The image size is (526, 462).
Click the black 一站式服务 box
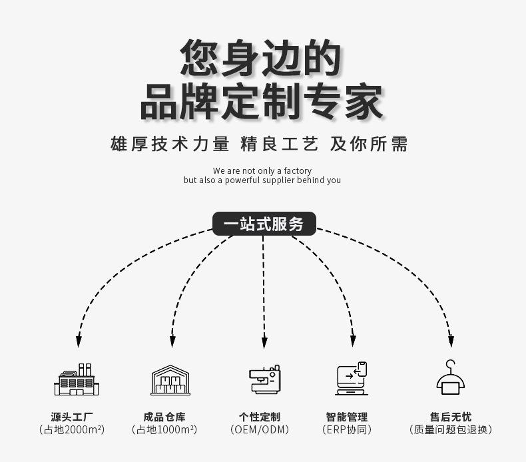point(264,224)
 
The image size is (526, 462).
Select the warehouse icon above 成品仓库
point(170,380)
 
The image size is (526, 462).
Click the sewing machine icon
point(264,379)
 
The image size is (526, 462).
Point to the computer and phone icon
point(352,379)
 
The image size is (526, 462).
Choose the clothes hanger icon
point(451,378)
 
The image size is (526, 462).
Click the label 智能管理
point(346,417)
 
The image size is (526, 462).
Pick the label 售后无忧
point(451,417)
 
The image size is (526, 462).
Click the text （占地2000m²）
point(72,430)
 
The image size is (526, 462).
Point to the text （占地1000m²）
point(164,430)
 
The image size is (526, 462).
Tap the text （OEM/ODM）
point(260,430)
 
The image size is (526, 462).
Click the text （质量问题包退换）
point(451,430)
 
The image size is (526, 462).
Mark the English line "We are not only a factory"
point(262,171)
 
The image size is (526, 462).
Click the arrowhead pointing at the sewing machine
point(264,343)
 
